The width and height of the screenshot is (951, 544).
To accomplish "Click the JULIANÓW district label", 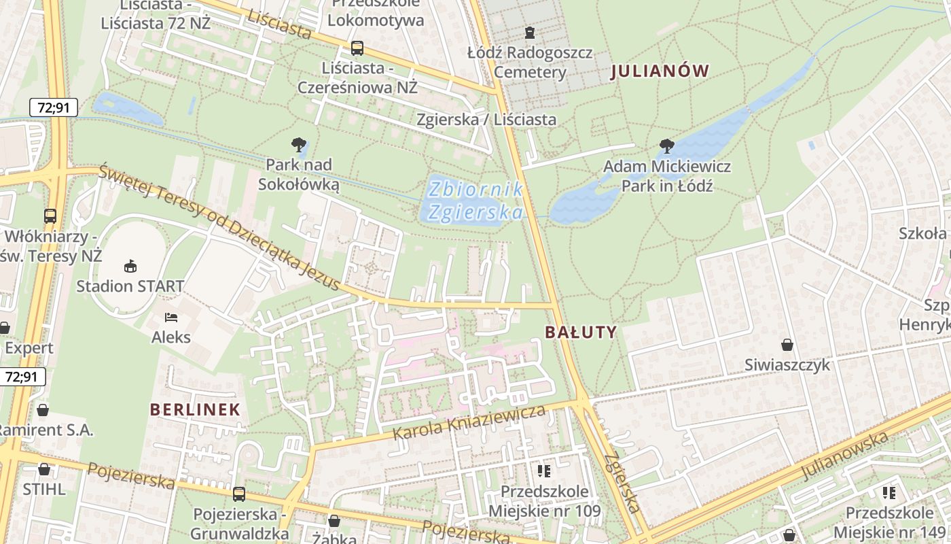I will click(x=660, y=71).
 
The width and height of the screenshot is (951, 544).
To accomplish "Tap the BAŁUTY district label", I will click(x=581, y=333).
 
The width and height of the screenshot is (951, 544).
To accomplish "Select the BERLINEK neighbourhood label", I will click(x=195, y=409).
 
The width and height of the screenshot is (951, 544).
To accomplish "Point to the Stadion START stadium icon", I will click(x=130, y=266).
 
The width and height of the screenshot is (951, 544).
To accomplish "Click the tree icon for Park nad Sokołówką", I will click(x=298, y=144).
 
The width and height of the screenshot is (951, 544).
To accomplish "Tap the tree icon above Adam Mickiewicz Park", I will click(x=666, y=146).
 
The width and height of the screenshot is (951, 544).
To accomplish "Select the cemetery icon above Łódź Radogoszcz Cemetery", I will click(x=530, y=33).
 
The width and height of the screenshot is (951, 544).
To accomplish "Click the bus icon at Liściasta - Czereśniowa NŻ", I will click(x=357, y=48).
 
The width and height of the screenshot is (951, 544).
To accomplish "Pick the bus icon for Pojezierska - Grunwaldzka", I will click(x=238, y=494).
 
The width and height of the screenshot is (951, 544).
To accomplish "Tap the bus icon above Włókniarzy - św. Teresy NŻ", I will click(x=50, y=216).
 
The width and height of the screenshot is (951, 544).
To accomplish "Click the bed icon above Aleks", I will click(x=171, y=318).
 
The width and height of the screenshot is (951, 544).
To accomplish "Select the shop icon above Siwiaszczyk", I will click(x=787, y=345).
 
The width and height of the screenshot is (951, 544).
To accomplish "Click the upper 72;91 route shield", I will click(x=54, y=107).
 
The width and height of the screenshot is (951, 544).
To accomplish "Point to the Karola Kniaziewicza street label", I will click(x=469, y=422).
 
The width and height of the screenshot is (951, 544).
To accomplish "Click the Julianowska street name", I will click(x=844, y=454).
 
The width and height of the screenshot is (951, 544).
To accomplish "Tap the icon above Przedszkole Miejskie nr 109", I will click(x=543, y=471).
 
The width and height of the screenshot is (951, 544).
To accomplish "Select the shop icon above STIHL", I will click(x=44, y=469).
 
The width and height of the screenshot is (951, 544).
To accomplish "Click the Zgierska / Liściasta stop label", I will click(x=487, y=120).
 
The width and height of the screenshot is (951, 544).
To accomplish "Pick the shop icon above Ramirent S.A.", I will click(x=43, y=410).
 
